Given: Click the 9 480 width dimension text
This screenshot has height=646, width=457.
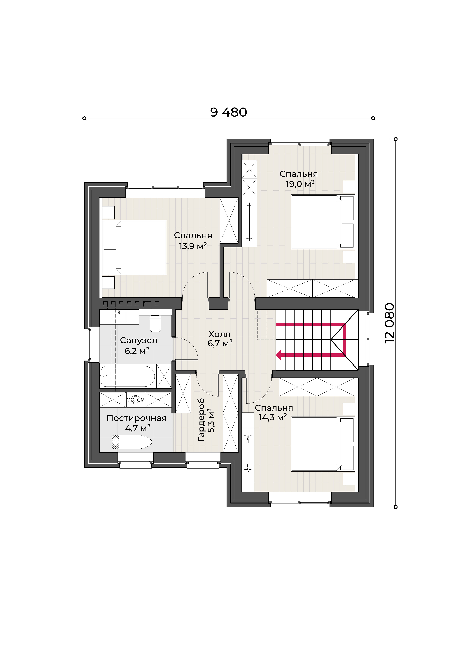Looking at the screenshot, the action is [x=228, y=112].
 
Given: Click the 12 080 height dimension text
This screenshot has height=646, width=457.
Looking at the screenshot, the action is [x=390, y=323].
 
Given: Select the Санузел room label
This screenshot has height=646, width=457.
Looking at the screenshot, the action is [x=139, y=340].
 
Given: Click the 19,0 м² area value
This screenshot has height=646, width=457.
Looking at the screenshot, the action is [x=300, y=184].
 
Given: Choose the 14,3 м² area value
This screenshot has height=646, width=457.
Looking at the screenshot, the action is [x=273, y=417].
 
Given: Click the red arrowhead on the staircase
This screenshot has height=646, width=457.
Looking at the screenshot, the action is [x=279, y=355].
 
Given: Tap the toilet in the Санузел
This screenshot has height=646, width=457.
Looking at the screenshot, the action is [x=155, y=323].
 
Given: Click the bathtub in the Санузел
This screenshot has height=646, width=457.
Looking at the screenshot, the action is [x=128, y=376].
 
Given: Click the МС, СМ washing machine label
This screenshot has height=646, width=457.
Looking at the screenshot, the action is [x=135, y=400].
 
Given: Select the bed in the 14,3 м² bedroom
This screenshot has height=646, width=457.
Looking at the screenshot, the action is [x=323, y=444].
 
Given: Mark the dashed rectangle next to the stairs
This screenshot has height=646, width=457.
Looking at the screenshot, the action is [x=266, y=325].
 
